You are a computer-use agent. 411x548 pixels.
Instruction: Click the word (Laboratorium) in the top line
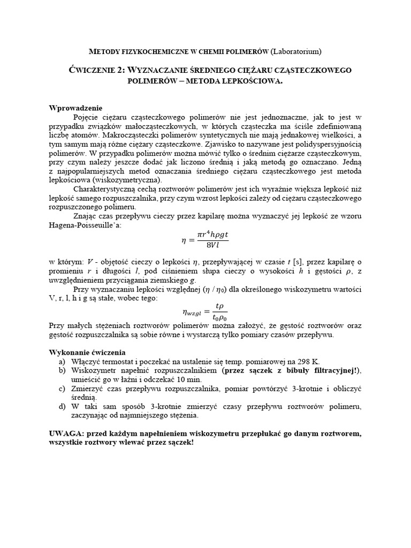(x=296, y=51)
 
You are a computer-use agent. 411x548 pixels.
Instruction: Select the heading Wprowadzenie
(x=75, y=108)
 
